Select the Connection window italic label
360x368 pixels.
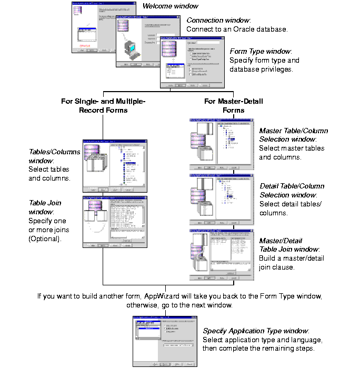pyautogui.click(x=218, y=20)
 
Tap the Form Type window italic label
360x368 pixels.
pyautogui.click(x=261, y=51)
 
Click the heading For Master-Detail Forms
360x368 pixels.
pyautogui.click(x=233, y=105)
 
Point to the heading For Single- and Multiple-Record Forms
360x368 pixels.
pyautogui.click(x=103, y=105)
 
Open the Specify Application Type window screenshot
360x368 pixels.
pyautogui.click(x=165, y=342)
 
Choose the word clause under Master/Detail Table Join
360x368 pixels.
pyautogui.click(x=279, y=267)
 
